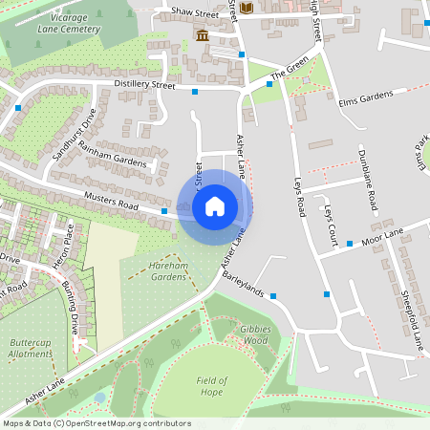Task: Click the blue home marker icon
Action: pyautogui.click(x=215, y=206)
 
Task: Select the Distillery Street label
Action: pyautogui.click(x=145, y=85)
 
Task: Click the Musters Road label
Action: pyautogui.click(x=112, y=201)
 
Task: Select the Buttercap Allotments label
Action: pyautogui.click(x=30, y=347)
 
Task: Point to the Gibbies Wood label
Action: pyautogui.click(x=253, y=333)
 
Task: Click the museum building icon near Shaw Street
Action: pyautogui.click(x=203, y=36)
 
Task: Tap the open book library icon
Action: pyautogui.click(x=247, y=9)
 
